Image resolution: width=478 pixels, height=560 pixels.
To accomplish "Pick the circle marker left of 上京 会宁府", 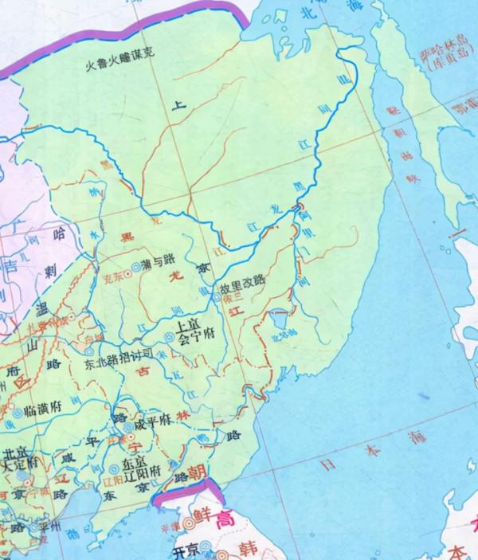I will (167, 338).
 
